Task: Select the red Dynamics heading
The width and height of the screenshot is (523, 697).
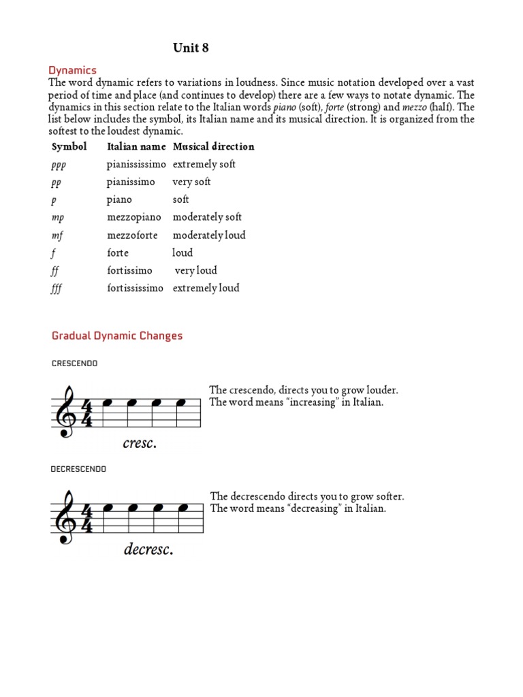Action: [72, 70]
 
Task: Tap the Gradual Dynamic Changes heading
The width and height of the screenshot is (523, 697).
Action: [117, 336]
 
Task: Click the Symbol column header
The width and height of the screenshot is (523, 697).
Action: [69, 146]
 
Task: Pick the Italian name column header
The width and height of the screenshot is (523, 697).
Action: [136, 146]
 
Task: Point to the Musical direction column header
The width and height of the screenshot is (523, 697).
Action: [213, 146]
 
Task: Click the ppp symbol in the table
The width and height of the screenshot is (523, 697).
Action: [59, 165]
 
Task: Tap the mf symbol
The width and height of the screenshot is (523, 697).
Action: [58, 236]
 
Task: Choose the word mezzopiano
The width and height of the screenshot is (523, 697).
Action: [134, 217]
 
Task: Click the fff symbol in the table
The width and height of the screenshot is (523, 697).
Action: [57, 289]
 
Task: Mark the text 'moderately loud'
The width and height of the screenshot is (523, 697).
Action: [209, 235]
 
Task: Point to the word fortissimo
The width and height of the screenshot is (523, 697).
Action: [129, 270]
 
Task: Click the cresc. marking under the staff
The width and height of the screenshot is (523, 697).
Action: [140, 443]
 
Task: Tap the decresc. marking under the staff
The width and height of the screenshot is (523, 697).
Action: [148, 549]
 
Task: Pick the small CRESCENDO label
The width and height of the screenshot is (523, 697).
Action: [74, 363]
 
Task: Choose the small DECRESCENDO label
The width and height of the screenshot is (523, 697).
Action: [78, 469]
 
